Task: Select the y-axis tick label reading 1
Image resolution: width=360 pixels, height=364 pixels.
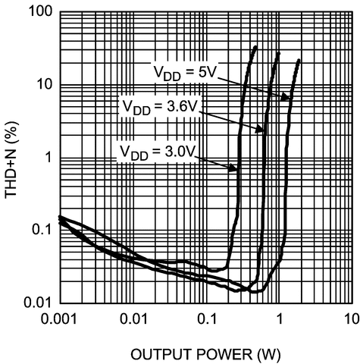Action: [49, 158]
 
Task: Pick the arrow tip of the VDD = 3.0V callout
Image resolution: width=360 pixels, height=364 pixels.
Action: [237, 169]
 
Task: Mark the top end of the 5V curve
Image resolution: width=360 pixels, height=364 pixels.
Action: [299, 59]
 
